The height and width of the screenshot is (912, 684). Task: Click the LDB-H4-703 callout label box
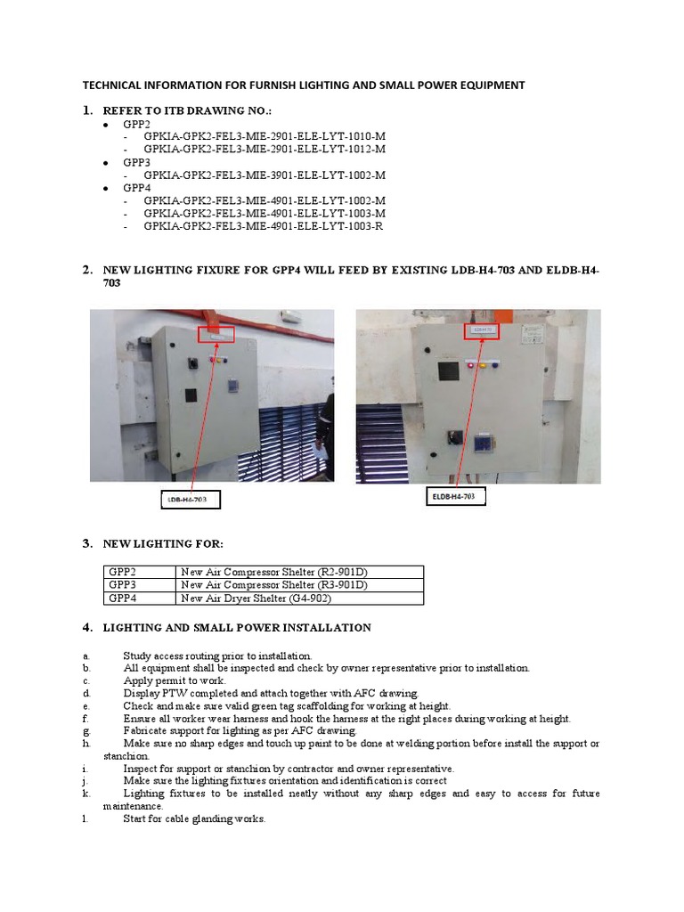click(x=191, y=501)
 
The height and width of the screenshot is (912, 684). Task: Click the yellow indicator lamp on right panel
click(x=483, y=364)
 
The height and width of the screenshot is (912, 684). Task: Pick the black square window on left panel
click(x=190, y=396)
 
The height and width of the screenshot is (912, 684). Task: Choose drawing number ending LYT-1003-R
click(x=264, y=226)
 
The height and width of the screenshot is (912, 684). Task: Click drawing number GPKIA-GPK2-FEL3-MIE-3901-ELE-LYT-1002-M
click(x=264, y=175)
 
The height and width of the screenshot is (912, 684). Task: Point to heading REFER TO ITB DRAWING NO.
click(x=186, y=110)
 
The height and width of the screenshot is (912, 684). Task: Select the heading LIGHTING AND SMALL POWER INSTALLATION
click(x=237, y=628)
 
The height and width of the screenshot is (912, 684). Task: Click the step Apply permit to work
click(x=171, y=680)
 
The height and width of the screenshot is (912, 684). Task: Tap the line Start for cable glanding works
click(x=193, y=818)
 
